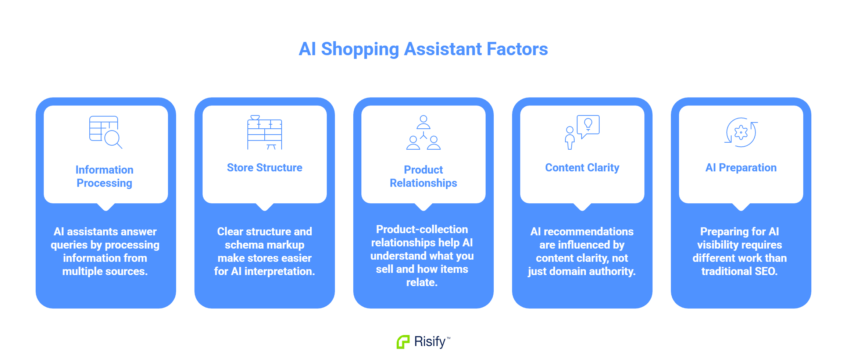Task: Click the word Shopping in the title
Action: [x=360, y=50]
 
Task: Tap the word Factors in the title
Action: [x=517, y=49]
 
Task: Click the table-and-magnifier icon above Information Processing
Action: [x=106, y=132]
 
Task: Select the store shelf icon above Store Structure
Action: [x=265, y=132]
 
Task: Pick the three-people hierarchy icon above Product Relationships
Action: [x=423, y=132]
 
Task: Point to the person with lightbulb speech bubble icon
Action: [x=582, y=132]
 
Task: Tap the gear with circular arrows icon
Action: [x=741, y=132]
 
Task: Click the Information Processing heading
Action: [x=104, y=177]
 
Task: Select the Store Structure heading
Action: [x=265, y=168]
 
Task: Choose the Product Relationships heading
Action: [x=423, y=177]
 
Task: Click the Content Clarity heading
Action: [x=582, y=168]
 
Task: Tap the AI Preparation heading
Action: [x=741, y=168]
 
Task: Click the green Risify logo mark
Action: [x=403, y=342]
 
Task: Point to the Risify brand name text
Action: [x=430, y=342]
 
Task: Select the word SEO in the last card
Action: [x=766, y=271]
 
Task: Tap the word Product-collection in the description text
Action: [x=422, y=229]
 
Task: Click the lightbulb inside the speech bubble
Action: [x=588, y=124]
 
